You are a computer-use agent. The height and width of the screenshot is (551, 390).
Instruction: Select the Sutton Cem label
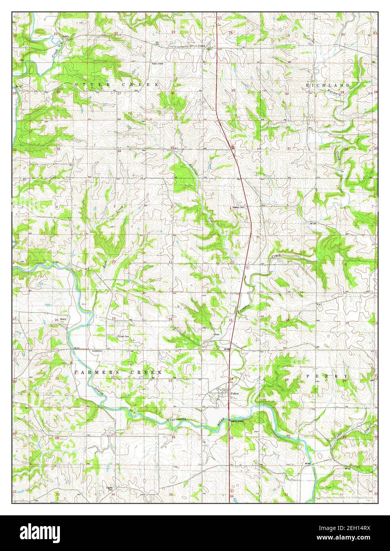point(124,336)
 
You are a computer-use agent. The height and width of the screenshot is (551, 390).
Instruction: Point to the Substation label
point(97,351)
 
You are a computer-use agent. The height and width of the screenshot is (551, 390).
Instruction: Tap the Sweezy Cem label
point(240,207)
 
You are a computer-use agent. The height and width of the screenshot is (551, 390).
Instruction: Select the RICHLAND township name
point(328,85)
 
